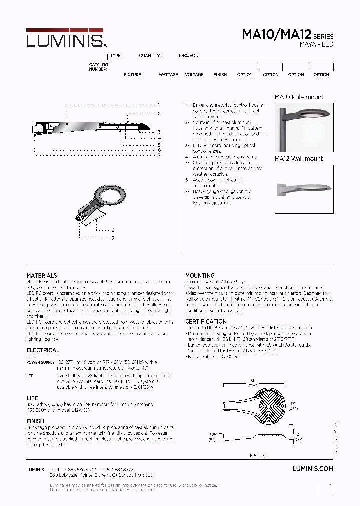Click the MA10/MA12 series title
[x=277, y=35]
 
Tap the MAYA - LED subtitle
[x=316, y=45]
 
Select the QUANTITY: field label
[x=150, y=56]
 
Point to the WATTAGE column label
[x=168, y=75]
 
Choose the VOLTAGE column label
[x=194, y=75]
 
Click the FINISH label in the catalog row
[x=220, y=75]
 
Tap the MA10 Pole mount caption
[x=299, y=97]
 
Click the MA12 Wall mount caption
[x=299, y=159]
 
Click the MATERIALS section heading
[x=41, y=276]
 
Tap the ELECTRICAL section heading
[x=42, y=350]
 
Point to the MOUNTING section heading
[x=200, y=275]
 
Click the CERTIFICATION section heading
[x=206, y=322]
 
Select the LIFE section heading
[x=32, y=398]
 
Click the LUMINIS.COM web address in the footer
[x=312, y=469]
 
